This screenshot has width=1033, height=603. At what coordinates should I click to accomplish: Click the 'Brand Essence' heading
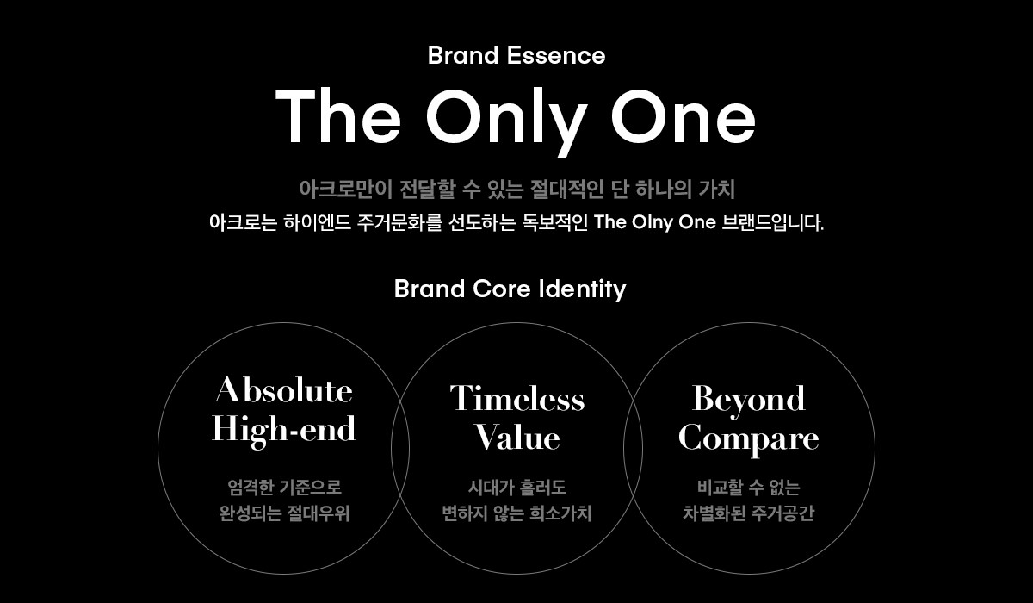[x=516, y=56]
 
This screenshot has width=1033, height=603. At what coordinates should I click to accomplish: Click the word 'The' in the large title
[x=337, y=116]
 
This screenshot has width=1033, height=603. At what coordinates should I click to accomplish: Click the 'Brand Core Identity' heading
[x=510, y=289]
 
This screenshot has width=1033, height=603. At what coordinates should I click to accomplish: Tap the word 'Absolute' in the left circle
[x=283, y=390]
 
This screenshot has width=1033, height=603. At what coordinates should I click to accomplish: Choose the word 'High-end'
[x=283, y=429]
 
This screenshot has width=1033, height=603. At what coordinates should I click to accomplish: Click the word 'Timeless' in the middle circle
[x=516, y=398]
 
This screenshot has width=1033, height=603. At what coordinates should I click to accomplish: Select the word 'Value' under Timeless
[x=516, y=438]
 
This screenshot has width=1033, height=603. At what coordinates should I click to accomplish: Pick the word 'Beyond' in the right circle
[x=748, y=398]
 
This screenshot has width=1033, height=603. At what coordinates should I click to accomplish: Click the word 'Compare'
[x=748, y=438]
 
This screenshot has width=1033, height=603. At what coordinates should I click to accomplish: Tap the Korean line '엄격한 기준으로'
[x=284, y=488]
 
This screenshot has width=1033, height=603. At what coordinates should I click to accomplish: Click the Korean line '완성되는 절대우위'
[x=284, y=514]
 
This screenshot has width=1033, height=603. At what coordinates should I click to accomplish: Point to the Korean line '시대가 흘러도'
[x=516, y=488]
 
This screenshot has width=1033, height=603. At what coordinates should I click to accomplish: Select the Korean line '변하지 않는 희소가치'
[x=516, y=514]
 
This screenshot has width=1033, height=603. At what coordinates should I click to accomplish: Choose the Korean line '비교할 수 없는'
[x=748, y=488]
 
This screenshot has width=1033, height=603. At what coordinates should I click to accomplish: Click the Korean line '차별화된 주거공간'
[x=748, y=514]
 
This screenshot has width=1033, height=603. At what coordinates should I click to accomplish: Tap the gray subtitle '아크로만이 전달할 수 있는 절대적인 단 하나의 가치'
[x=516, y=188]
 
